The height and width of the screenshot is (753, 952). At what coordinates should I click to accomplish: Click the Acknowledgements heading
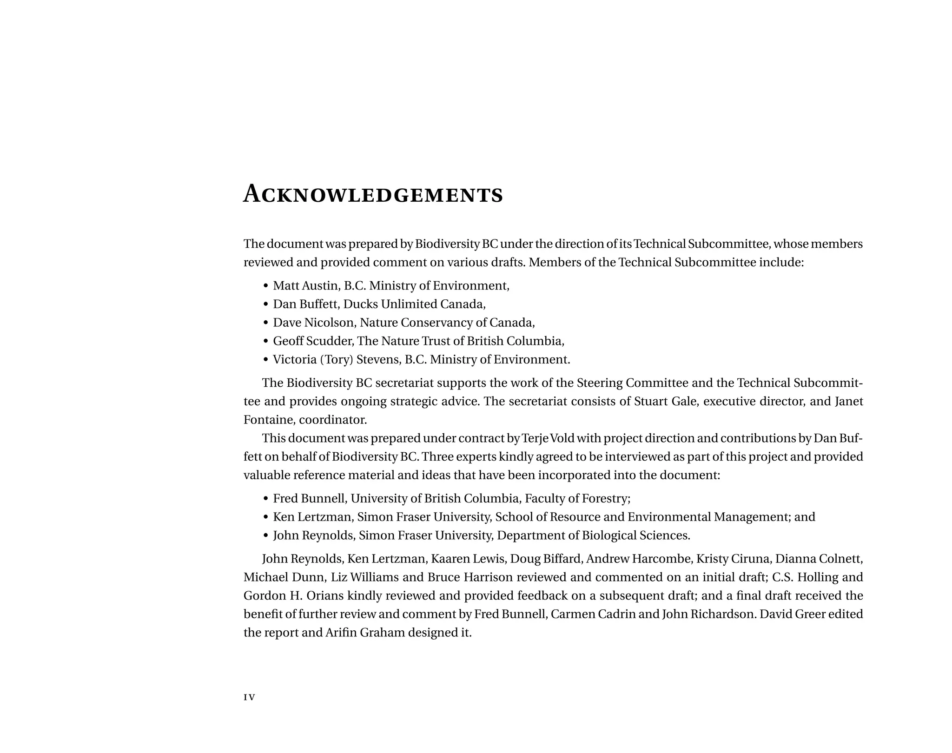pos(373,194)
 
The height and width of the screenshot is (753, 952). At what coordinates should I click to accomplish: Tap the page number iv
pos(249,697)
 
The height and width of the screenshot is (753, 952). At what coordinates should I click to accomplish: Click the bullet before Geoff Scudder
pos(265,342)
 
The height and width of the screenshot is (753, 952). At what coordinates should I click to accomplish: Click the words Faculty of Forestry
pos(577,498)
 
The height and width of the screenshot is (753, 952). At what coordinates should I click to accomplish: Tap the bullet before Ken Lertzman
pos(265,517)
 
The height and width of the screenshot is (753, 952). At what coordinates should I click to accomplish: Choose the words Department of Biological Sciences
pos(593,535)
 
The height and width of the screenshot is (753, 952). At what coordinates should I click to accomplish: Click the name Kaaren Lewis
pos(468,558)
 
